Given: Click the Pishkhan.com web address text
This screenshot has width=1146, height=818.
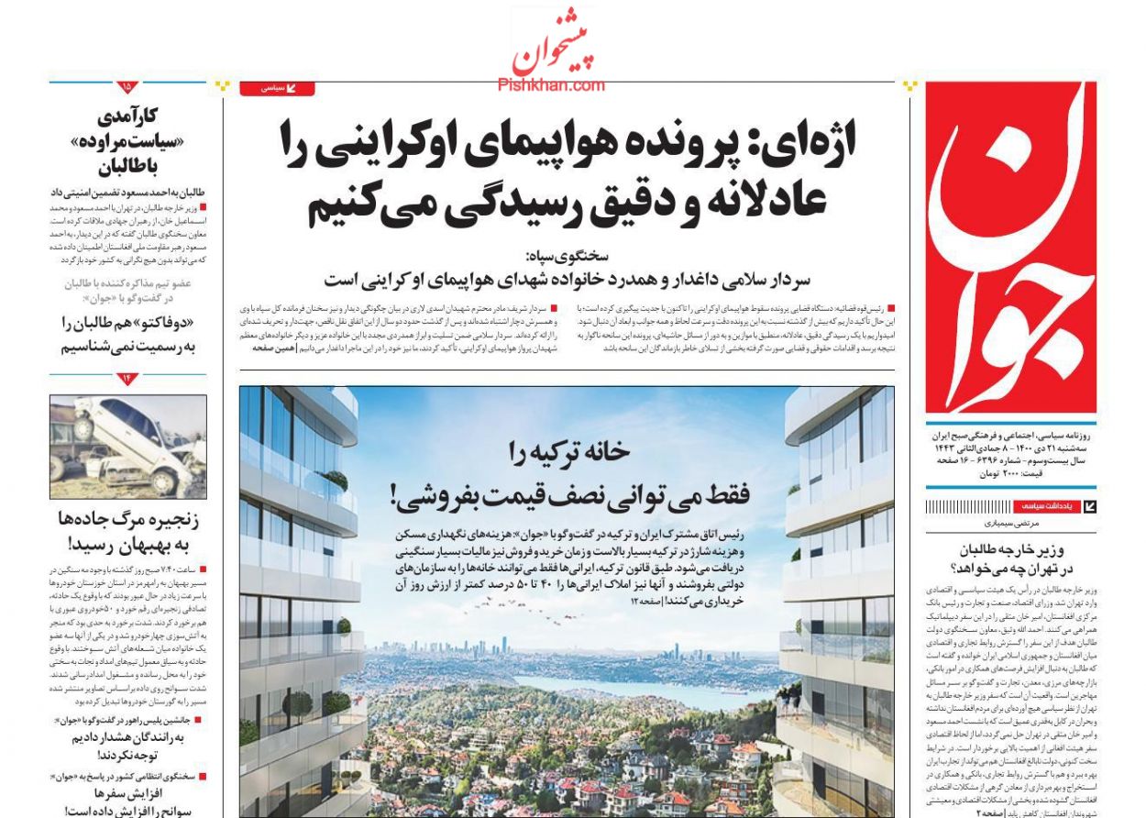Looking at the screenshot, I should [551, 85].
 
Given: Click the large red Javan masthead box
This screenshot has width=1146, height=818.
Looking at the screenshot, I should [1010, 248].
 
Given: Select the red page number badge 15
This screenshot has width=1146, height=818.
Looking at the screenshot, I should [127, 87].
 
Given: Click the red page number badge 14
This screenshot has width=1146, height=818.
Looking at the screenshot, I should [127, 379].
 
